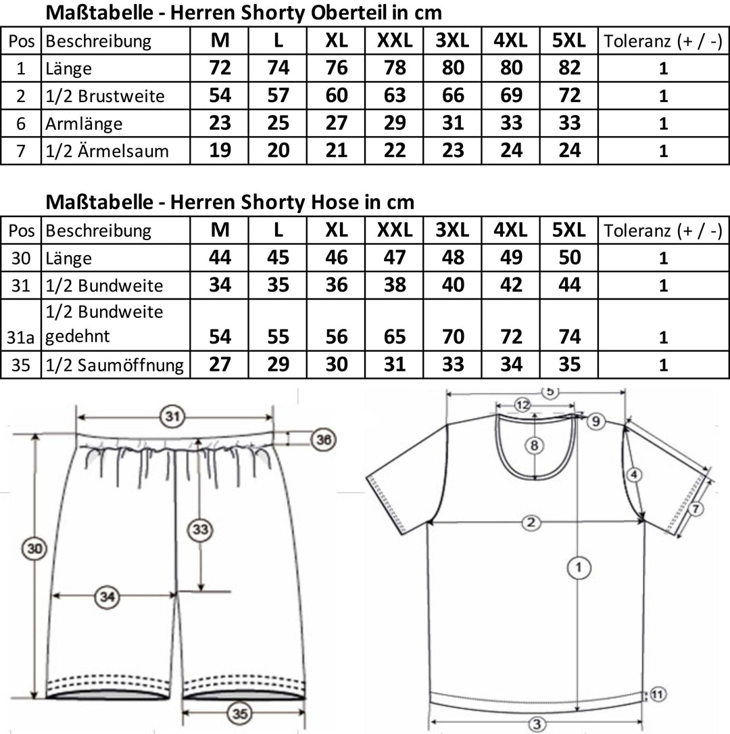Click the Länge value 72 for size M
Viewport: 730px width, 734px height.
220,68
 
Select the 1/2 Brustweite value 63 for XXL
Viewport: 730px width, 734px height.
395,96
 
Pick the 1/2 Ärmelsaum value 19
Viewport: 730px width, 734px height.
220,151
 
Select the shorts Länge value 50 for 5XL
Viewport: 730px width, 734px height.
570,258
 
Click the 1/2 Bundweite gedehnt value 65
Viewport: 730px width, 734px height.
395,336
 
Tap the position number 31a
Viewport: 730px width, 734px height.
21,336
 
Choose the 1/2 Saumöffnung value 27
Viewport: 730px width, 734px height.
220,365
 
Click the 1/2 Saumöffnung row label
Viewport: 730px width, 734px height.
114,365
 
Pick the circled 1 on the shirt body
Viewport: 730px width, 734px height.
577,567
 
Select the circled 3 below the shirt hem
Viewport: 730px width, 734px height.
536,724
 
